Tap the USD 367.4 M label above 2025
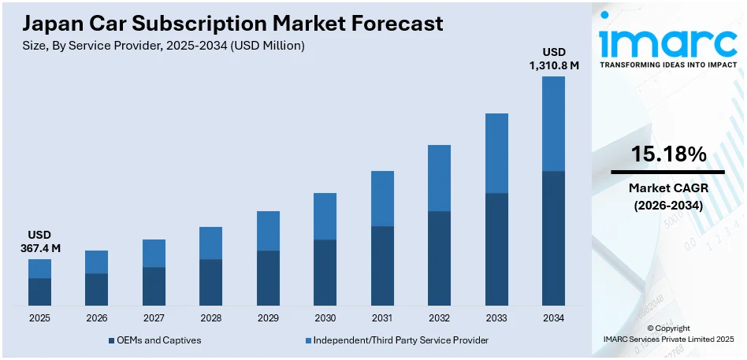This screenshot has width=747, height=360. click(39, 242)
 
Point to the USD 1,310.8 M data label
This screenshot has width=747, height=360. click(553, 59)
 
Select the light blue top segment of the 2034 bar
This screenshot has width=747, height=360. click(553, 123)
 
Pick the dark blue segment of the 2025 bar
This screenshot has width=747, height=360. click(39, 291)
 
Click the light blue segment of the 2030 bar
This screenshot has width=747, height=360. click(325, 216)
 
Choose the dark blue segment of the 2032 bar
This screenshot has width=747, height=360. click(439, 258)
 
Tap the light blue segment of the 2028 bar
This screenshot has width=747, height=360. click(210, 243)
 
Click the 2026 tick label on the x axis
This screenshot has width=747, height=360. click(96, 317)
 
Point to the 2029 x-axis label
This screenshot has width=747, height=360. click(268, 317)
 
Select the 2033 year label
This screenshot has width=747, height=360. click(496, 317)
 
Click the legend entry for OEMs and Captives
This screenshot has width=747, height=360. click(154, 340)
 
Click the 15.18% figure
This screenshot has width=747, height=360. click(667, 154)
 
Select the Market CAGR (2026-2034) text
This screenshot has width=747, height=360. click(667, 197)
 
